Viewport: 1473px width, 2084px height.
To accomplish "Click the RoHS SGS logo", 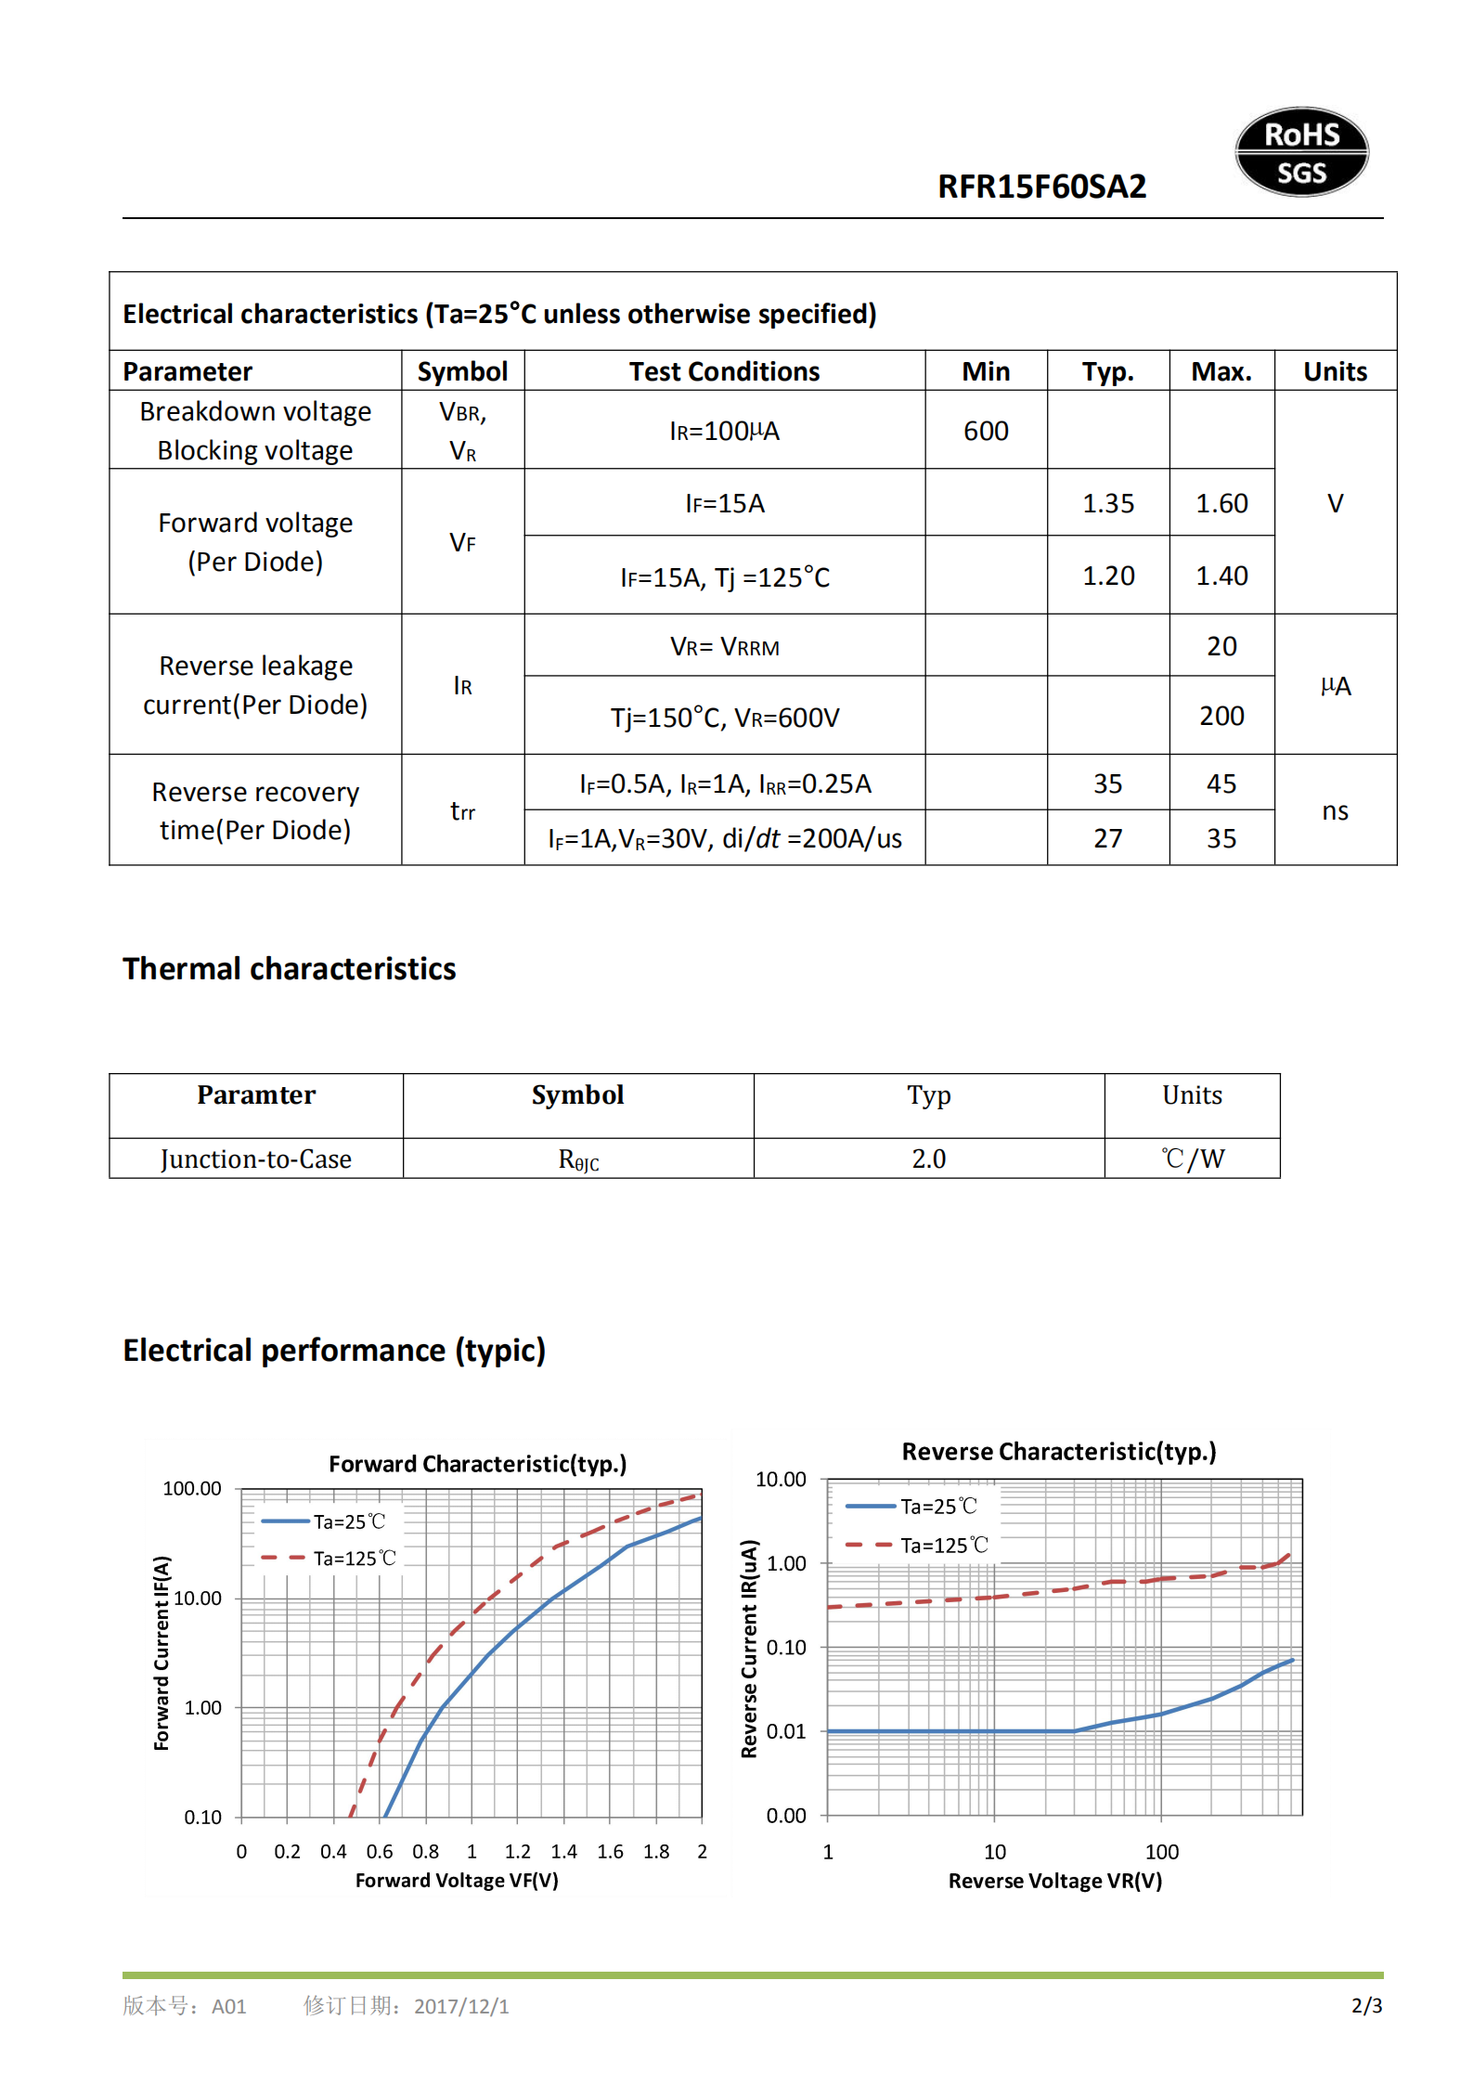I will [x=1300, y=152].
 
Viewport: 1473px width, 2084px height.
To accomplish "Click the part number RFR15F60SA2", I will [x=1041, y=187].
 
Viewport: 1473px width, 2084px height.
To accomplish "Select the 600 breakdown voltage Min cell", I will [x=985, y=431].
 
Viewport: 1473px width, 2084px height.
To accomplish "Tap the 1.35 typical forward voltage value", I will [x=1107, y=503].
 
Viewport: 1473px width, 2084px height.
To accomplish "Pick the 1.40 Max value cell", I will [x=1221, y=576].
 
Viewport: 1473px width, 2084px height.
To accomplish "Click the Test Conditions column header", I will [x=724, y=371].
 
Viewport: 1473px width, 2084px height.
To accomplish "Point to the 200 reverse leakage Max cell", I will [x=1221, y=716].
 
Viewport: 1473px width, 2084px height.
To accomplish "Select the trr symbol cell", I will [x=462, y=811].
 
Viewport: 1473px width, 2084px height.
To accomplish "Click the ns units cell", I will [x=1334, y=811].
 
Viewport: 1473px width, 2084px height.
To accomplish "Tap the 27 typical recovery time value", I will [x=1107, y=838].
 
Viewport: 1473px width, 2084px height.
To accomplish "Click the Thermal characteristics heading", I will [x=289, y=968].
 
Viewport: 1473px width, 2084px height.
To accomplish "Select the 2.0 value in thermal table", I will [x=928, y=1158].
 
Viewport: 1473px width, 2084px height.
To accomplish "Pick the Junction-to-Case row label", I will [x=256, y=1158].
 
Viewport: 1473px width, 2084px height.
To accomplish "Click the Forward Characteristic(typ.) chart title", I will [x=477, y=1464].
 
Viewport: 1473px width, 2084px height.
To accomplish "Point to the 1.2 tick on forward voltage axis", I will [x=517, y=1852].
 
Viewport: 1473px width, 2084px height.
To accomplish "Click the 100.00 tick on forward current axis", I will [x=192, y=1489].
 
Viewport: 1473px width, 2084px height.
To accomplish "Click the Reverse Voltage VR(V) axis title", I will [x=1054, y=1881].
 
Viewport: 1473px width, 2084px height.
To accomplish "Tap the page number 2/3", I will [x=1365, y=2006].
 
